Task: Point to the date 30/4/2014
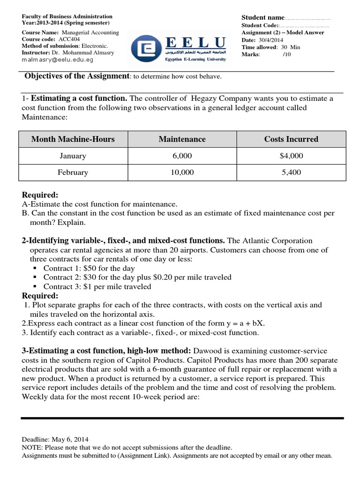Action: [x=274, y=40]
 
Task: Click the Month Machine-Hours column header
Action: [x=73, y=139]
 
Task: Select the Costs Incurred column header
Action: [x=291, y=139]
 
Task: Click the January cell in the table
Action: [x=73, y=156]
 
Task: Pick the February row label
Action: [x=73, y=172]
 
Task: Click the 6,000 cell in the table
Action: [x=182, y=156]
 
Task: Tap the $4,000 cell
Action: [x=291, y=156]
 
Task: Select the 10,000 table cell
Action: [x=182, y=172]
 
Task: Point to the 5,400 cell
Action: [x=291, y=172]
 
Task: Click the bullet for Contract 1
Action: [x=35, y=269]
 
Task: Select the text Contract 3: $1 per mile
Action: [x=97, y=286]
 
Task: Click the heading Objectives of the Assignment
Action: [x=76, y=76]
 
